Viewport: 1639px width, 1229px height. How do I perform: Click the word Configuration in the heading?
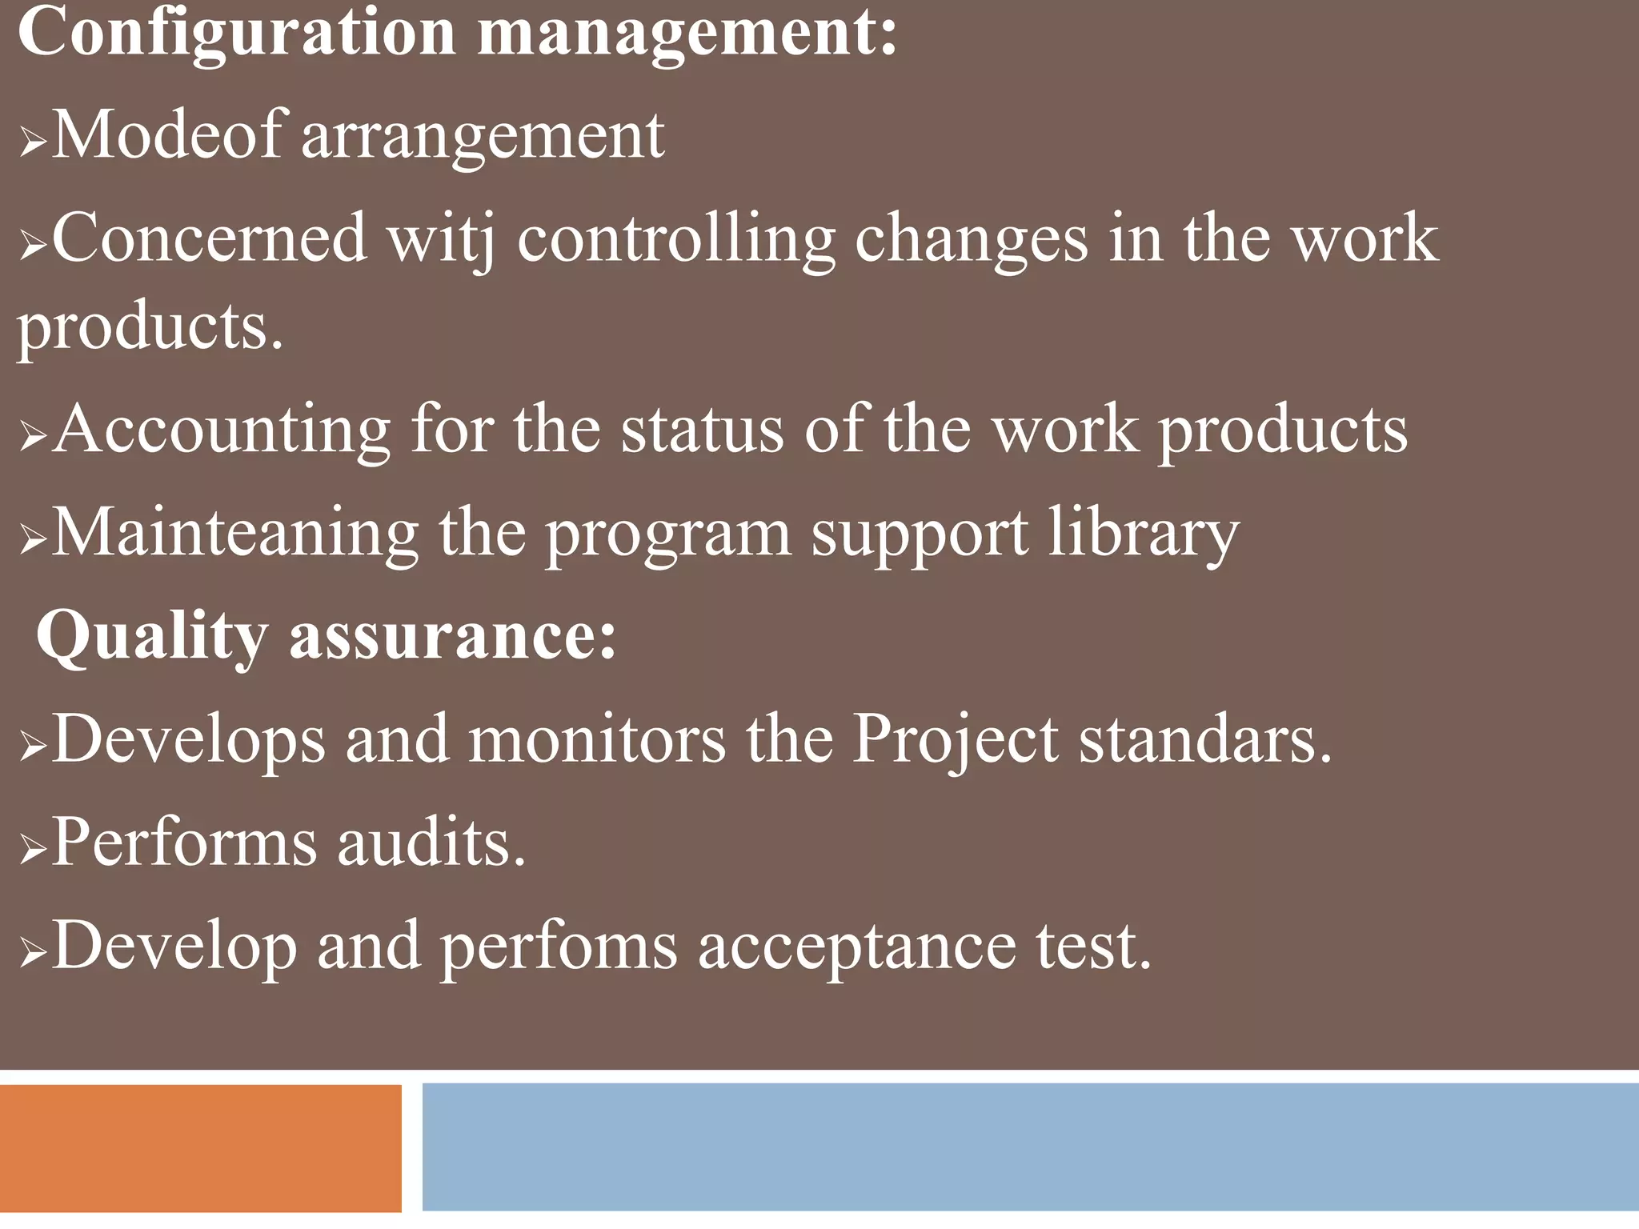click(237, 34)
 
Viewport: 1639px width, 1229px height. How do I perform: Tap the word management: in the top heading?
click(687, 34)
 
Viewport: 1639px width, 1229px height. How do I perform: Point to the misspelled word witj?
click(441, 239)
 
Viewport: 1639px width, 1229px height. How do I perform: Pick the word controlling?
click(676, 239)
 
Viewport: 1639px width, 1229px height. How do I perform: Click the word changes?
click(972, 239)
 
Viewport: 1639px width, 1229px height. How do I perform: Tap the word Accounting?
click(222, 430)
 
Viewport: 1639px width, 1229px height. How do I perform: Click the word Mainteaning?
click(235, 534)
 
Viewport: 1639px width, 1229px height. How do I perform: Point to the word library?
click(1144, 534)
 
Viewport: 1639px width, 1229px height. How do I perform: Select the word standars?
click(1205, 739)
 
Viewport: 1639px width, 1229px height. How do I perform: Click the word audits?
click(431, 843)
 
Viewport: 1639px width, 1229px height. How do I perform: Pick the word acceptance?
click(856, 947)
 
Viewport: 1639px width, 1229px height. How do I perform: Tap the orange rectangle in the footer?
click(200, 1147)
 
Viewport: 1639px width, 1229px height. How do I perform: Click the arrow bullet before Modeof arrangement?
click(32, 142)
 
